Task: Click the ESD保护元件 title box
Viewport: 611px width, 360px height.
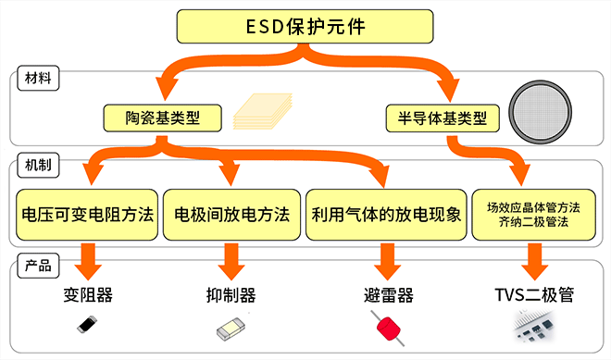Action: coord(305,26)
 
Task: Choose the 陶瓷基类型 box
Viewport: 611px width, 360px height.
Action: coord(163,118)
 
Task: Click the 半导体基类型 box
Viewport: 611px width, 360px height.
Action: coord(443,118)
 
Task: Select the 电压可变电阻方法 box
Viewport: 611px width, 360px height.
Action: coord(87,215)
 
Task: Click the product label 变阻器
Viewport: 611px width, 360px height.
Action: coord(88,295)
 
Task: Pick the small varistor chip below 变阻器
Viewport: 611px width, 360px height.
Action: coord(86,325)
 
